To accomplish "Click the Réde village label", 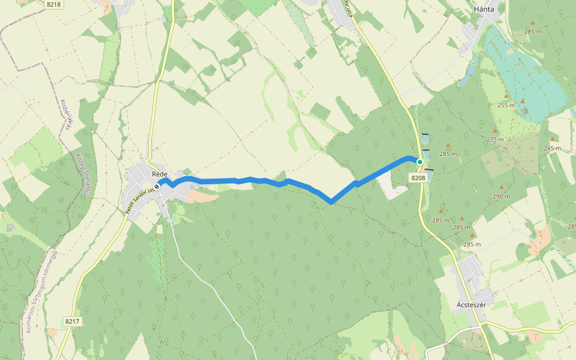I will point(159,174).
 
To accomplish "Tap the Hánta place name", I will point(483,9).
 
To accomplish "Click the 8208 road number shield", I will point(418,178).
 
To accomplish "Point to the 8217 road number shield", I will point(72,322).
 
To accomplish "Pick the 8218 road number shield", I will point(53,4).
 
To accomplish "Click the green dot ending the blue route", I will point(420,162).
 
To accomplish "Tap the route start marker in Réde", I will point(157,187).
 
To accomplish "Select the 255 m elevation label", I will point(506,105).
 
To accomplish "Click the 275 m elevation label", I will point(495,139).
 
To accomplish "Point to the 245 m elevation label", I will point(552,148).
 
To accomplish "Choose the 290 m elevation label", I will point(501,196).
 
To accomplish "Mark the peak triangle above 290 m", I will point(501,187).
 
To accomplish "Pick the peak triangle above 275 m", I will point(495,131).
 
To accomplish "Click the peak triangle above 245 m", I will point(552,140).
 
